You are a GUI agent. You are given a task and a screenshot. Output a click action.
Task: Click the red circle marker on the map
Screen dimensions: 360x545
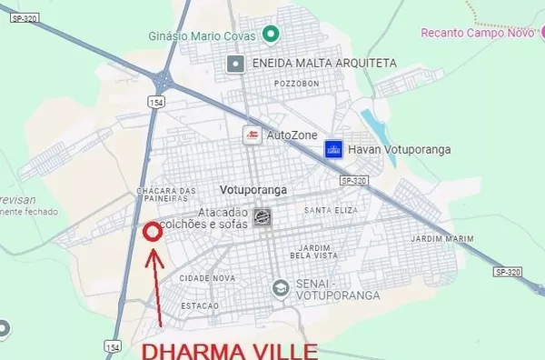coord(153,232)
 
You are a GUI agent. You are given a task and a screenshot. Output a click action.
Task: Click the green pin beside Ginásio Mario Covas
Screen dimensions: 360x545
coord(270,35)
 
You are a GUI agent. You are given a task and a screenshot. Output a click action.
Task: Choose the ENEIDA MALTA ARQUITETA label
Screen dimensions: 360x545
coord(325,63)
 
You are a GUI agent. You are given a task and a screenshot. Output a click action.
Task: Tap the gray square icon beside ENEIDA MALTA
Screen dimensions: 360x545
coord(236,63)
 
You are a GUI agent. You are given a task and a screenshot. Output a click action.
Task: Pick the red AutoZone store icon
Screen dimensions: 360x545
coord(251,135)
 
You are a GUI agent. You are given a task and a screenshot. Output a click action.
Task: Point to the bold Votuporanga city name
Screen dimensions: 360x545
coord(253,190)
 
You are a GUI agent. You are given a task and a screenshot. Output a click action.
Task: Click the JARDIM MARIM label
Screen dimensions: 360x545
coord(442,239)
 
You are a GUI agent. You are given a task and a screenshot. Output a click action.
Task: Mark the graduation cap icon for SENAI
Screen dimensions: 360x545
coord(281,288)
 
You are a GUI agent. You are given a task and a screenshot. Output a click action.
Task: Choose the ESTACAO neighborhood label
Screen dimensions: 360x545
coord(200,305)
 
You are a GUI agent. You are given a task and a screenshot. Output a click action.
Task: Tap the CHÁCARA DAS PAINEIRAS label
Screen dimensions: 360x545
coord(165,195)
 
